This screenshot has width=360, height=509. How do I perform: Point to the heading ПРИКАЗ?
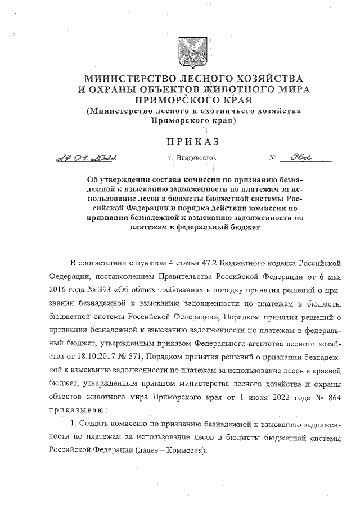pos(180,139)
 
